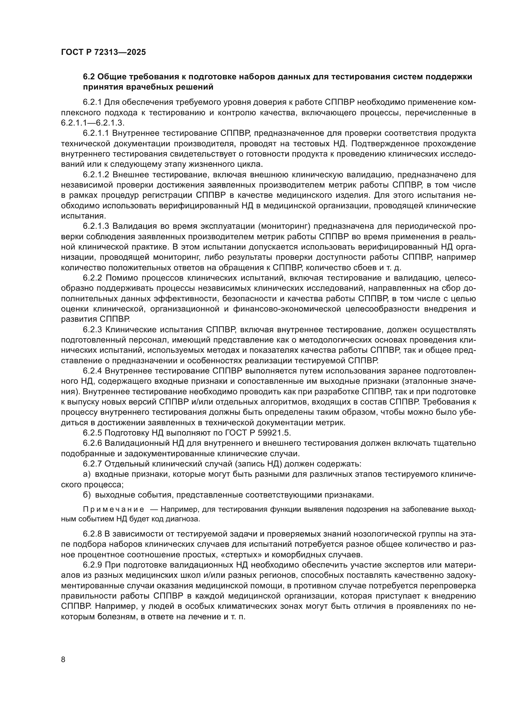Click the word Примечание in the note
(x=114, y=510)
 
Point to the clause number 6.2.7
(x=92, y=464)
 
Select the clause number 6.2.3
(x=92, y=330)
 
